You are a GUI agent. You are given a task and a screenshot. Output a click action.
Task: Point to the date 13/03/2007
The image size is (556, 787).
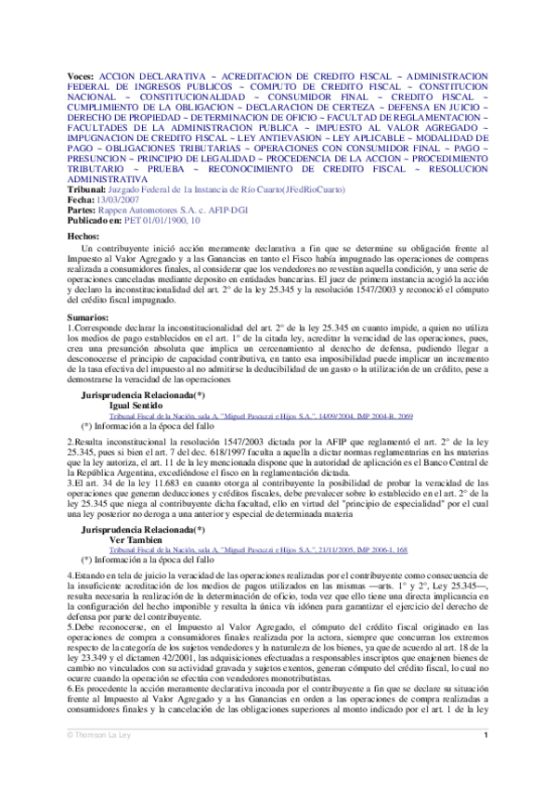pos(117,200)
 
